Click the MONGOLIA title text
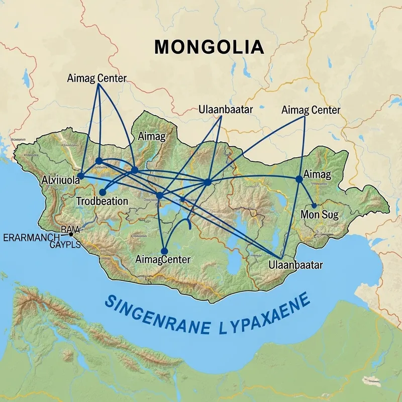click(209, 47)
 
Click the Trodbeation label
click(102, 200)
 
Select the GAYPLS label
click(65, 245)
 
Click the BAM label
click(67, 228)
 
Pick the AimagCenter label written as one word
click(163, 260)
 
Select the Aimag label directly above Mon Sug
click(317, 175)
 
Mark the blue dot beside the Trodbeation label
click(103, 192)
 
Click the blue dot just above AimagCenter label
click(164, 251)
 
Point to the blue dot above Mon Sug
click(314, 205)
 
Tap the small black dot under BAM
click(71, 234)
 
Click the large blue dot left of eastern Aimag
click(299, 178)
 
